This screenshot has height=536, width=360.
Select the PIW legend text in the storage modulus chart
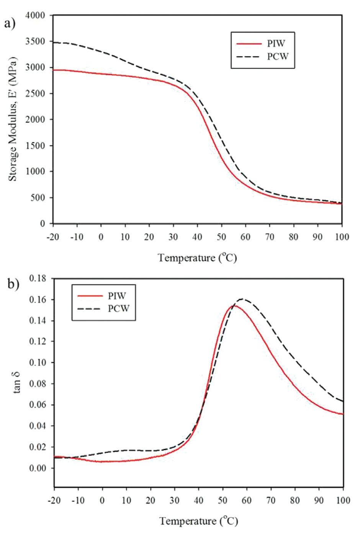click(276, 44)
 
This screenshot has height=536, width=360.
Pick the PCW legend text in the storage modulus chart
click(278, 56)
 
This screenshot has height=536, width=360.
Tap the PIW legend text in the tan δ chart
click(117, 296)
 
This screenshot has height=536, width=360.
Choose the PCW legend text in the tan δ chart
click(119, 308)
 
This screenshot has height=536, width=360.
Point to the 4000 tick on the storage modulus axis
click(35, 15)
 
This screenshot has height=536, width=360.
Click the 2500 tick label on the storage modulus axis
click(35, 93)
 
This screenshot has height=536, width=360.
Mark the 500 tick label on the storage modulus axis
click(38, 198)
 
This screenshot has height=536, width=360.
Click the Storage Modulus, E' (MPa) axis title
click(13, 119)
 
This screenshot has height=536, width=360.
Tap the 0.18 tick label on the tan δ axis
click(38, 278)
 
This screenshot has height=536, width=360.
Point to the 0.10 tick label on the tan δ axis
click(38, 363)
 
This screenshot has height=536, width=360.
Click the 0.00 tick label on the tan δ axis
click(38, 468)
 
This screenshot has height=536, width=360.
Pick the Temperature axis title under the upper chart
click(198, 258)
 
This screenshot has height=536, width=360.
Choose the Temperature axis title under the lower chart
click(198, 521)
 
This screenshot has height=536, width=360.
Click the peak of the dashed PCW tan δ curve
click(242, 299)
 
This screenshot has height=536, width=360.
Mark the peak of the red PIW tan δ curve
click(234, 306)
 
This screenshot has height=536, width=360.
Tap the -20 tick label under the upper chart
click(53, 237)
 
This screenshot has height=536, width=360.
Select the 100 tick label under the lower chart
click(343, 500)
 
